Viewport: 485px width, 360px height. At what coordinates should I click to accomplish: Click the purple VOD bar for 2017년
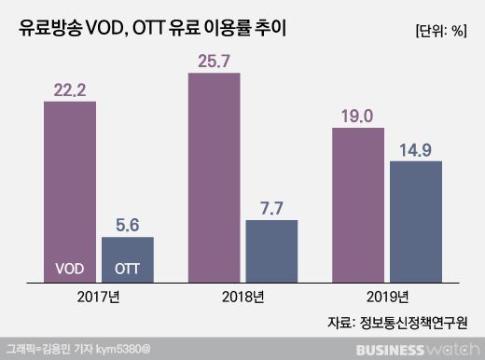pos(70,187)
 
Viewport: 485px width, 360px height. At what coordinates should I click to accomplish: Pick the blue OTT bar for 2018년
pos(271,250)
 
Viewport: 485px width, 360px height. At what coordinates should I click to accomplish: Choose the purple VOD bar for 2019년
pos(359,205)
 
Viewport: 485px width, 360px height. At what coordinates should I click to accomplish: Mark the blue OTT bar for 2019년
pos(416,222)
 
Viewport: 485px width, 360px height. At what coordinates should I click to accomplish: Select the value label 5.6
pos(127,225)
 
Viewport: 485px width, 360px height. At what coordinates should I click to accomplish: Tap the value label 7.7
pos(271,208)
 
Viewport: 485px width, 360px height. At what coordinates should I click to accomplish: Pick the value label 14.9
pos(416,149)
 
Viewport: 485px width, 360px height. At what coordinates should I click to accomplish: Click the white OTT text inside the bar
pos(127,269)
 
